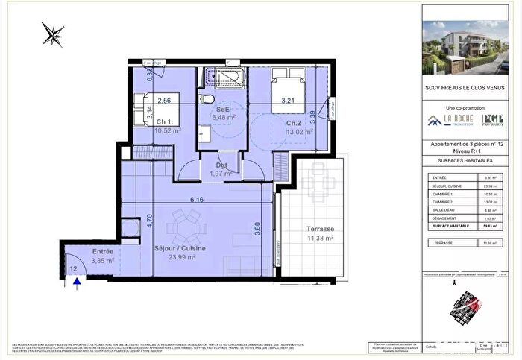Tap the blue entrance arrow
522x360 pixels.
coord(78,282)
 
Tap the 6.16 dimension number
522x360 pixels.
coord(197,200)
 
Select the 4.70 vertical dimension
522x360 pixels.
coord(148,221)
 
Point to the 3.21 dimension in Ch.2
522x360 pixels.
coord(290,100)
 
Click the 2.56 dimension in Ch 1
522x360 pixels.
coord(164,101)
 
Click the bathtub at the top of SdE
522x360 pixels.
coord(223,78)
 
